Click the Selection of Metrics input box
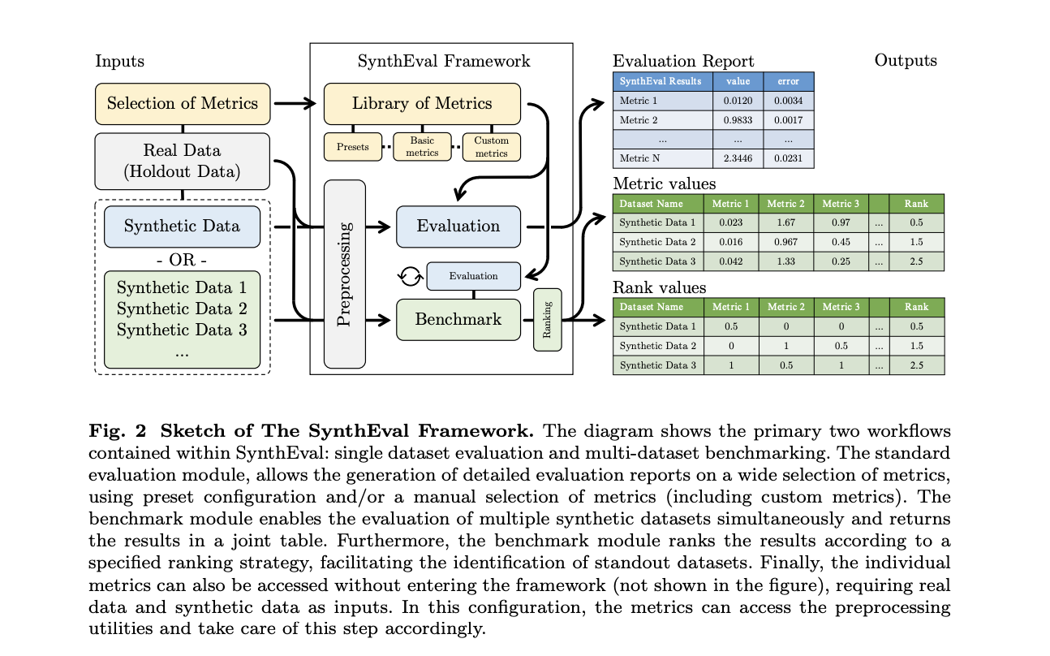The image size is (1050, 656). point(182,103)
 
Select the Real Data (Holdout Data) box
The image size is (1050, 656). point(182,161)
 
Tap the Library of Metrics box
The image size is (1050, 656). point(421,103)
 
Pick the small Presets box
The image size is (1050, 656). point(352,147)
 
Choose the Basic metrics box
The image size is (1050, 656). point(422,147)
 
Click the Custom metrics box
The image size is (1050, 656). point(491,147)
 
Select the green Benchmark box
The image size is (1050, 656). point(458,319)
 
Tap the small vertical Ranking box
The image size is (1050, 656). point(547,320)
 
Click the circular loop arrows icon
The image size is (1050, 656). point(411,277)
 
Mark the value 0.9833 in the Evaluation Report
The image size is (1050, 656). point(738,120)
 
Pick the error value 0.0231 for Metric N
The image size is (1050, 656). point(788,158)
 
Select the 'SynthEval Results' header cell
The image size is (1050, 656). point(661,81)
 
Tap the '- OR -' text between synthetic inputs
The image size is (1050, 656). point(182,261)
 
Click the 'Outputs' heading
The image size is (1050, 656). point(905,61)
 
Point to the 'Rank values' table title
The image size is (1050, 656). point(659,287)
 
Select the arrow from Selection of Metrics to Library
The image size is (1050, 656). point(293,103)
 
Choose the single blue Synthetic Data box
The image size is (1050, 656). point(182,226)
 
